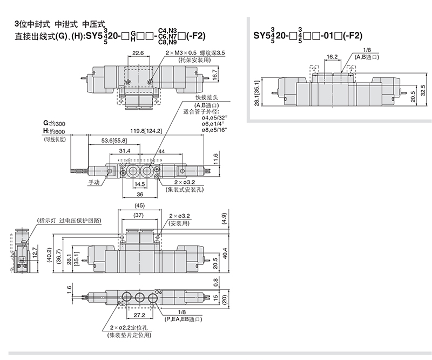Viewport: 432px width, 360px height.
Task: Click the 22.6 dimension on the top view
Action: pyautogui.click(x=138, y=52)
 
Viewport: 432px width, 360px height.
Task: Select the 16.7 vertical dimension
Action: pyautogui.click(x=215, y=75)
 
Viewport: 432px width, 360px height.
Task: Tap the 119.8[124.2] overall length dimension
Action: pyautogui.click(x=146, y=131)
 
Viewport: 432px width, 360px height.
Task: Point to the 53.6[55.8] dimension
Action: pyautogui.click(x=114, y=141)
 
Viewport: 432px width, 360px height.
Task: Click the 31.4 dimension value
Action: pyautogui.click(x=125, y=151)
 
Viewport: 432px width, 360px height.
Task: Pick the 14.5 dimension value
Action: pyautogui.click(x=140, y=184)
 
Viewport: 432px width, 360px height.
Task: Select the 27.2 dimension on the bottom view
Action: pyautogui.click(x=139, y=315)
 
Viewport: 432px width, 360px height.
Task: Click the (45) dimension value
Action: pyautogui.click(x=139, y=205)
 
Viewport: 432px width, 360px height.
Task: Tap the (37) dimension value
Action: pyautogui.click(x=139, y=215)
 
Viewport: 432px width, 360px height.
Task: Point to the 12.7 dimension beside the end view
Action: pyautogui.click(x=35, y=252)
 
